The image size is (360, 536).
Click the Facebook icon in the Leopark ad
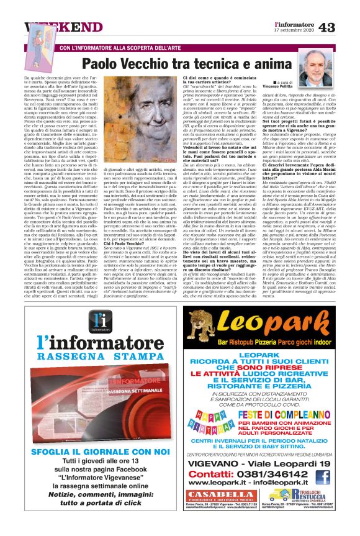click(x=322, y=477)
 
